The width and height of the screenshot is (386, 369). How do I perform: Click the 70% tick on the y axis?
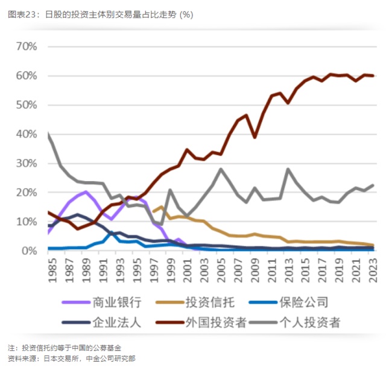27,46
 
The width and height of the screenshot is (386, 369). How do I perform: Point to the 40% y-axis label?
27,134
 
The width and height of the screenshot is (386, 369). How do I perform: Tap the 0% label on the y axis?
30,251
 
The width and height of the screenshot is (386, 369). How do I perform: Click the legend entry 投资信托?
212,302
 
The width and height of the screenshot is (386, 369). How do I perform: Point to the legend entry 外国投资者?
217,322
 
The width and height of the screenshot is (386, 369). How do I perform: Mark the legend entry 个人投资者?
311,322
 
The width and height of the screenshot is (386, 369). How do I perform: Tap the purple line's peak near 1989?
86,192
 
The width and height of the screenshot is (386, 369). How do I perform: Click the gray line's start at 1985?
49,134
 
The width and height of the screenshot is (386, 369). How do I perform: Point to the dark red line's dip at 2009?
255,137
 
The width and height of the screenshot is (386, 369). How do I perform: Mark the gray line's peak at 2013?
288,169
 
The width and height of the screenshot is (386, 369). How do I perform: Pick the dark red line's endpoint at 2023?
373,75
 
